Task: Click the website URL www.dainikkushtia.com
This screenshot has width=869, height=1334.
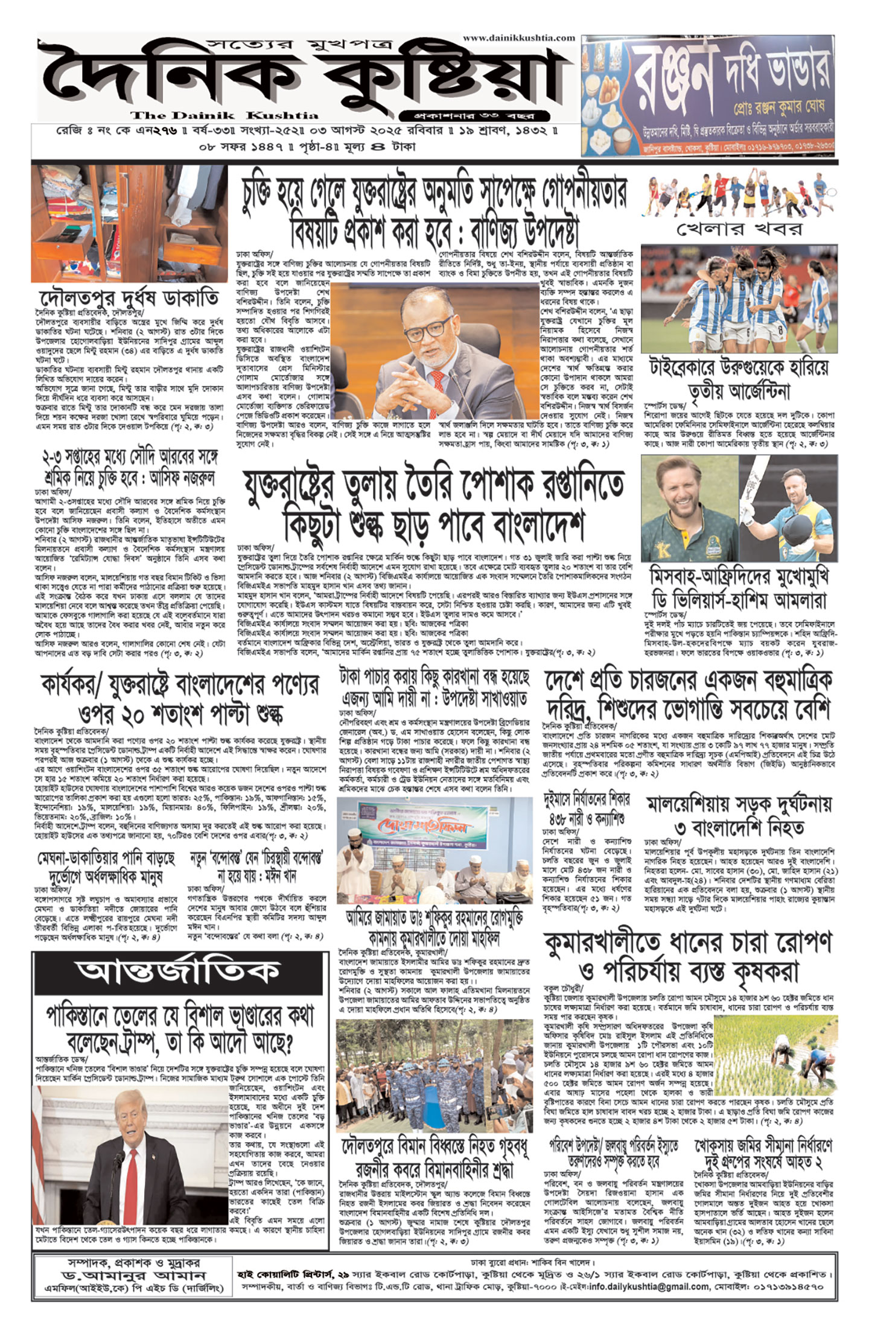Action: pos(518,38)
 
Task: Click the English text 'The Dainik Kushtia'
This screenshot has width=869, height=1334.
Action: pos(224,115)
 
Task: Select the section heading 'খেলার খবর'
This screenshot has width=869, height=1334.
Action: pos(739,229)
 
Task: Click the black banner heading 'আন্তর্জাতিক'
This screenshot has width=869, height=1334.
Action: pos(178,971)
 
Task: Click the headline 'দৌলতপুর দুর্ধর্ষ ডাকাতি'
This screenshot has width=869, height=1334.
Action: pos(129,298)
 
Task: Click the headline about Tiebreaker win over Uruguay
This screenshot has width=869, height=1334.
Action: pos(739,379)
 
